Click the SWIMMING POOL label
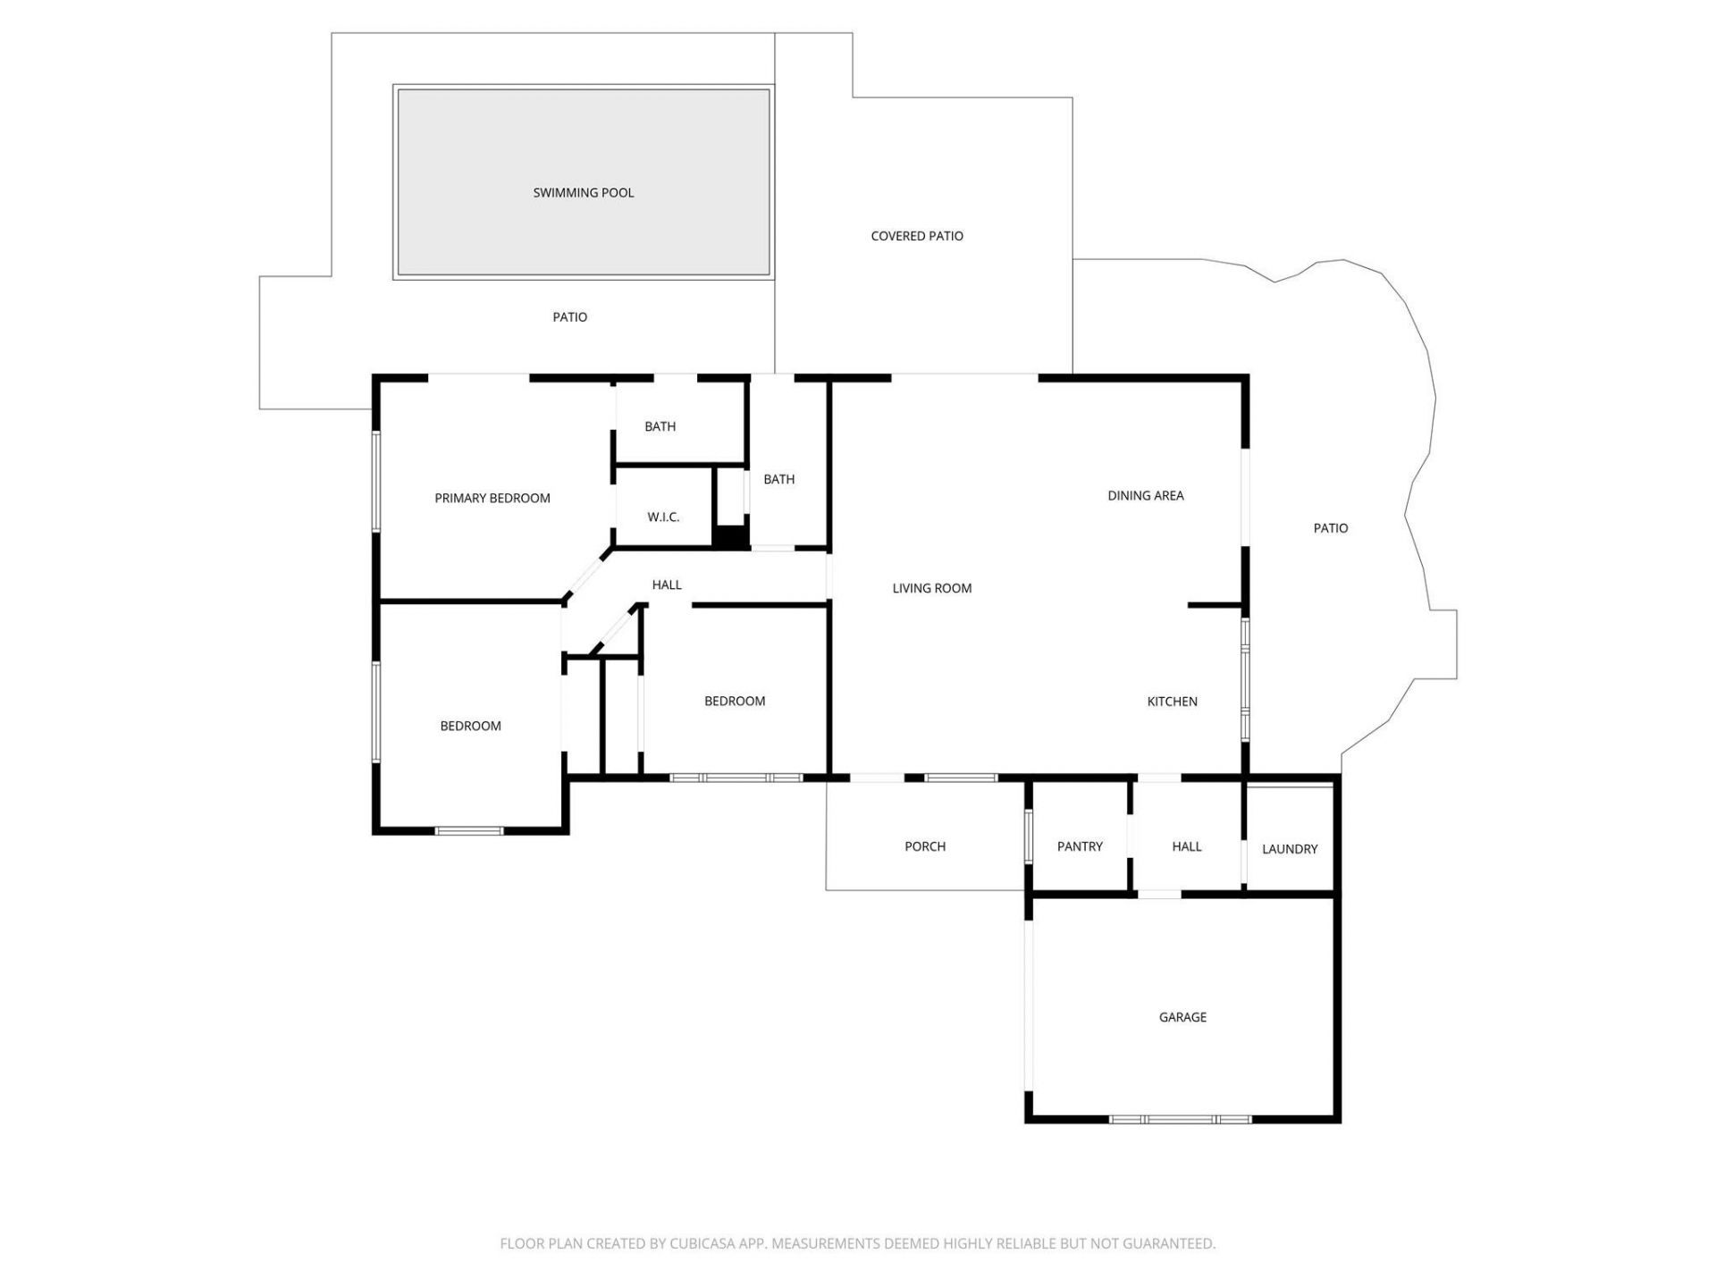click(583, 193)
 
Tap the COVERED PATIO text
click(916, 236)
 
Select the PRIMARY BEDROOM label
click(492, 499)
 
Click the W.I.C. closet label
click(663, 517)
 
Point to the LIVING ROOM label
click(931, 588)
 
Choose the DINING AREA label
click(1145, 495)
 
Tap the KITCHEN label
click(1172, 702)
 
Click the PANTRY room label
click(1079, 846)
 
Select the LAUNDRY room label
click(1289, 849)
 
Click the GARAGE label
click(1182, 1017)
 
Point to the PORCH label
click(924, 846)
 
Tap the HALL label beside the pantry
click(1186, 846)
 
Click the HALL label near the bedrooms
click(666, 585)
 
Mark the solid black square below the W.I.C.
click(730, 537)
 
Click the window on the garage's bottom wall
click(1180, 1119)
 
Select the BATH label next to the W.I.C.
click(778, 480)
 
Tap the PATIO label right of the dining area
click(1330, 528)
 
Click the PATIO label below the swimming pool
click(569, 317)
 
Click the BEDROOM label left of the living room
click(734, 702)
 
